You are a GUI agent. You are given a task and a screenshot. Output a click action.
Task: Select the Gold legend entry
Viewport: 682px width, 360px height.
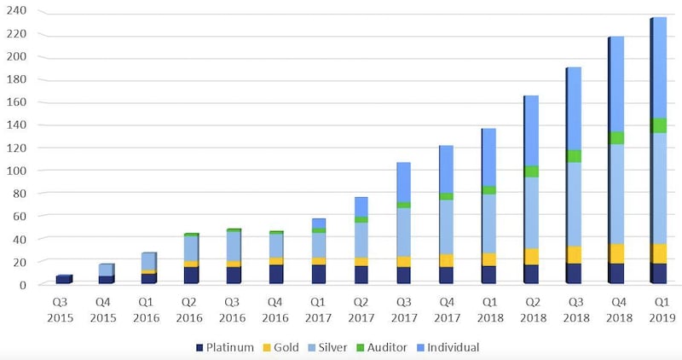286,347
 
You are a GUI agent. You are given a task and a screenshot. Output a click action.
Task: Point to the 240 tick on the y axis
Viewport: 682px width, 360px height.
18,12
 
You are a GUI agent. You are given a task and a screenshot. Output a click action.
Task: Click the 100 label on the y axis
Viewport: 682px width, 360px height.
18,171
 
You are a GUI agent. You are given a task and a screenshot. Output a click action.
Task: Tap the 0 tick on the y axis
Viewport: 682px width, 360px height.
23,284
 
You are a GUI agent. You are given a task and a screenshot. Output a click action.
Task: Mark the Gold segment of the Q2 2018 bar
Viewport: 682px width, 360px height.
530,257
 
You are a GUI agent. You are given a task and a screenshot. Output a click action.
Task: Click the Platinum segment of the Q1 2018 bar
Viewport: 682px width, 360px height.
488,275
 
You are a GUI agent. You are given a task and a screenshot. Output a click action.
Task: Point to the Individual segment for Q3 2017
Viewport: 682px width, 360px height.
402,182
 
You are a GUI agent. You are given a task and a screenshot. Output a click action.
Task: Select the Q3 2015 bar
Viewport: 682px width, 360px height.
63,280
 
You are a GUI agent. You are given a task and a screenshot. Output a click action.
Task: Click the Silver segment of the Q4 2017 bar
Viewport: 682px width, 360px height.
445,227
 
